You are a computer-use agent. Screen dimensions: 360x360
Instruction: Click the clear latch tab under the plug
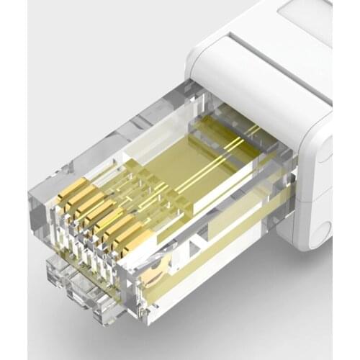79,288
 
